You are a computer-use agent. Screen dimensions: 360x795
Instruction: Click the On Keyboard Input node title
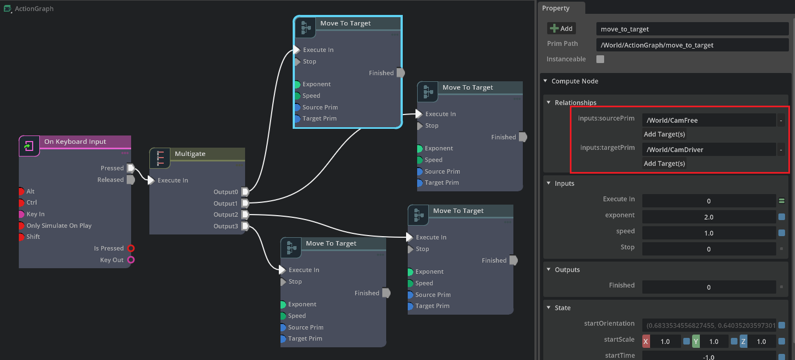pyautogui.click(x=75, y=142)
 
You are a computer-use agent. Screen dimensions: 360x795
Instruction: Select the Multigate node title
pyautogui.click(x=190, y=154)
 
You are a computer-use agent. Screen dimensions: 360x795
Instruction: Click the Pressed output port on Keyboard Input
pyautogui.click(x=131, y=168)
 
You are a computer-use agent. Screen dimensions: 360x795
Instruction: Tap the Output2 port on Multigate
pyautogui.click(x=245, y=215)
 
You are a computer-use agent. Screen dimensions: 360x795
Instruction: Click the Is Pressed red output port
pyautogui.click(x=131, y=248)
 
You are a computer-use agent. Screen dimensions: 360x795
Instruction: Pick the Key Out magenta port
pyautogui.click(x=131, y=260)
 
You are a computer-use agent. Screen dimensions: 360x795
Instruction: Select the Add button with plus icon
pyautogui.click(x=562, y=28)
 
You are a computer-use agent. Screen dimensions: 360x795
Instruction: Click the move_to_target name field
pyautogui.click(x=692, y=29)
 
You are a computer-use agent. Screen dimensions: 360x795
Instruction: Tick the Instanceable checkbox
pyautogui.click(x=600, y=59)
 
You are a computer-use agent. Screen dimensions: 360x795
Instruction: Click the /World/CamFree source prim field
pyautogui.click(x=709, y=120)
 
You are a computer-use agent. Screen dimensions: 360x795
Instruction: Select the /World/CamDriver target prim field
pyautogui.click(x=709, y=149)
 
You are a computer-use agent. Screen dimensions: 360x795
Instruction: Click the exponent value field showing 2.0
pyautogui.click(x=709, y=217)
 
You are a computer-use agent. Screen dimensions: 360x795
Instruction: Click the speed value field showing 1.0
pyautogui.click(x=709, y=233)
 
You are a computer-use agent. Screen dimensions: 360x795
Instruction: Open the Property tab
pyautogui.click(x=556, y=8)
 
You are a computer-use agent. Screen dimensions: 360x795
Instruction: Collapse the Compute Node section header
pyautogui.click(x=575, y=81)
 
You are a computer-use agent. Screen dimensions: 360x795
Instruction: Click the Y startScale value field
pyautogui.click(x=714, y=342)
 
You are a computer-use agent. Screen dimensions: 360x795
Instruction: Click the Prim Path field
pyautogui.click(x=692, y=45)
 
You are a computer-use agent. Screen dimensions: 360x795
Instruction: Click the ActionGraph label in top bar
pyautogui.click(x=34, y=9)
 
